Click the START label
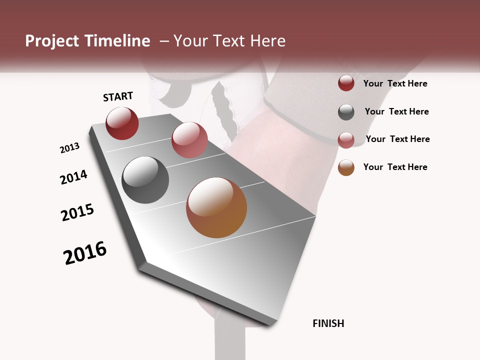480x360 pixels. point(118,96)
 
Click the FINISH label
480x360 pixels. point(328,323)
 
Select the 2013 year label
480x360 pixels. point(69,148)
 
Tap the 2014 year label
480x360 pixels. point(73,177)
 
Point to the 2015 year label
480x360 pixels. point(77,212)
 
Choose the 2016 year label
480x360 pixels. point(85,253)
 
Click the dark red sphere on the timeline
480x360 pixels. point(122,123)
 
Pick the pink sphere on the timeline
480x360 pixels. point(189,140)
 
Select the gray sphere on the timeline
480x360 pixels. point(145,180)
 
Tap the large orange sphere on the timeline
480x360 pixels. point(216,207)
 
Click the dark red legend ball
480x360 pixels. point(346,83)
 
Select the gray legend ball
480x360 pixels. point(346,112)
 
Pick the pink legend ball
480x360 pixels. point(346,139)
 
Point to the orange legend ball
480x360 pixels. point(346,167)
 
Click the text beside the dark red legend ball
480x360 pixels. point(395,83)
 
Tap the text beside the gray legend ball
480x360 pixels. point(396,111)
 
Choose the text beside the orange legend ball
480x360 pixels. point(395,167)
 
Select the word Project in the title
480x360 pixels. point(51,41)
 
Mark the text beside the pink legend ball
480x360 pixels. point(397,139)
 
